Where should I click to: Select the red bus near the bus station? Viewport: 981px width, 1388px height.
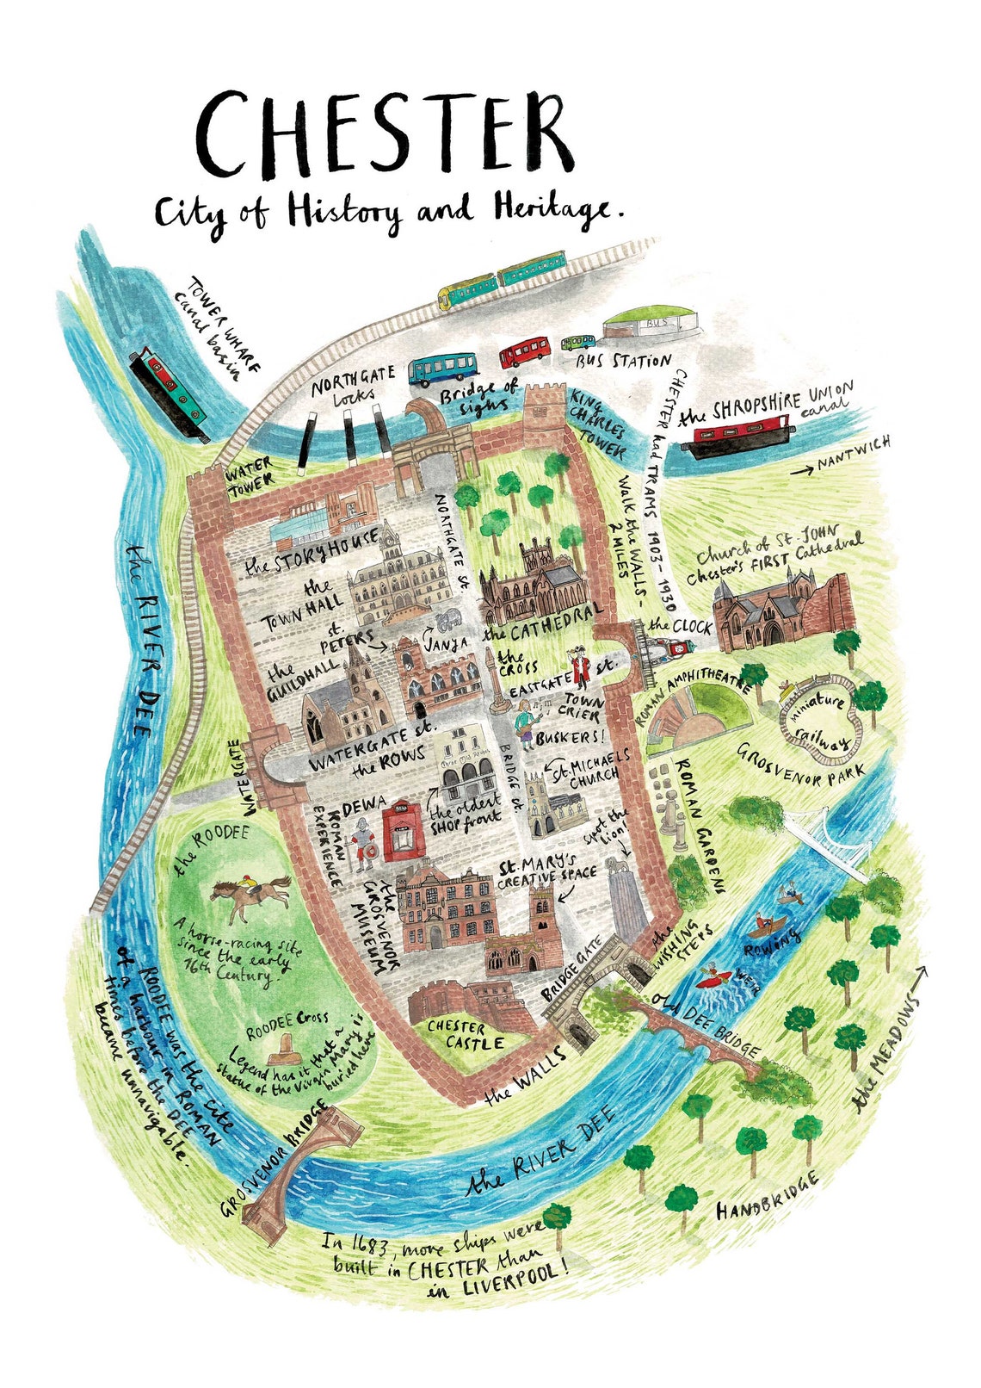click(x=525, y=352)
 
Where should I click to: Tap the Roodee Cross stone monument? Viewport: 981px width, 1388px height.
click(x=281, y=1050)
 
